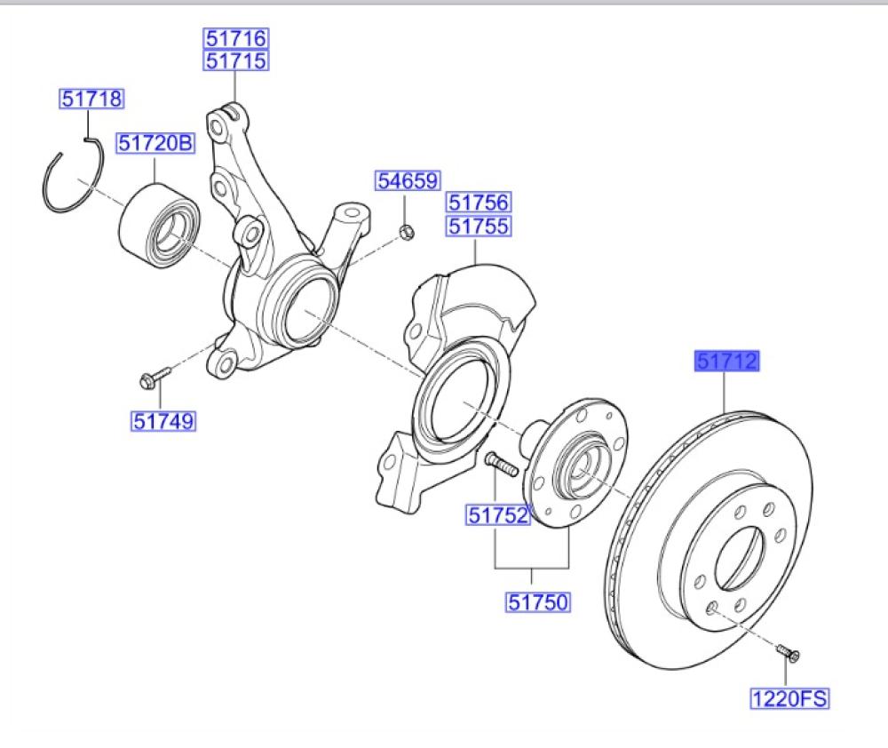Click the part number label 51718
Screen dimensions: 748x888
click(x=92, y=99)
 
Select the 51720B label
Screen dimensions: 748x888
click(x=155, y=142)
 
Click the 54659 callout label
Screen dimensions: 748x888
click(x=407, y=181)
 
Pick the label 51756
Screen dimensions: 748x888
click(x=478, y=203)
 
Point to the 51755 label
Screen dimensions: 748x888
click(x=478, y=226)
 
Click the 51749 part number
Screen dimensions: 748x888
click(x=163, y=420)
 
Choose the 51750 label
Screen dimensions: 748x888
click(x=537, y=602)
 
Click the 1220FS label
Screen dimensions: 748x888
click(x=789, y=699)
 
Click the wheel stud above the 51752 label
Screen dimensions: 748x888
click(x=502, y=465)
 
